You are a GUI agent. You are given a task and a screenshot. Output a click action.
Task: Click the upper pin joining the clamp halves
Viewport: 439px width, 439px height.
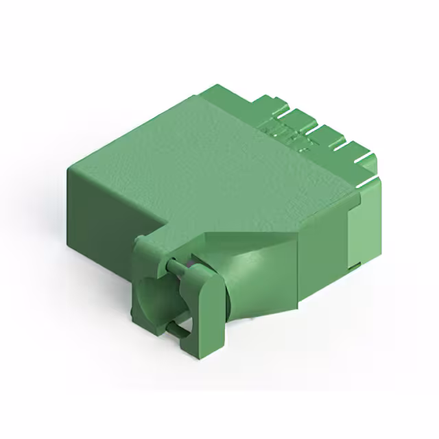point(178,263)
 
